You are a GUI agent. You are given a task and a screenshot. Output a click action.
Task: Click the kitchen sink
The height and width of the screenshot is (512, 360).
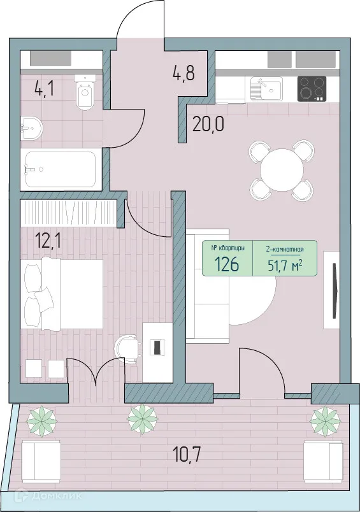click(x=266, y=88)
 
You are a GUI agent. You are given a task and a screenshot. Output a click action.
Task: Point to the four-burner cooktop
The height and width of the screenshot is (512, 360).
click(x=312, y=88)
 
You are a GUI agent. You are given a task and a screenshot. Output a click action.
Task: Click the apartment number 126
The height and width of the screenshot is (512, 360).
click(x=227, y=264)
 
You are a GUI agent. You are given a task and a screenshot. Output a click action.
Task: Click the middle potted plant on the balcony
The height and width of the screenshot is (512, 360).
click(x=141, y=419)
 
